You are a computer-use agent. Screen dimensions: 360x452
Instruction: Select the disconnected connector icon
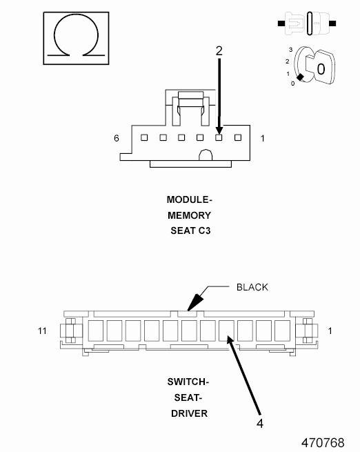tap(307, 23)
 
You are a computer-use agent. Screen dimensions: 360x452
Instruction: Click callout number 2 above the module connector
tap(219, 51)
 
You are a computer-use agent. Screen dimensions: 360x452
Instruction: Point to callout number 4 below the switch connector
tap(260, 424)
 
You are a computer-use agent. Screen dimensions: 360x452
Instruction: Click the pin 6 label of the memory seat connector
tap(117, 139)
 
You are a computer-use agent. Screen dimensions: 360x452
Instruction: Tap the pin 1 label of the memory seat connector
tap(262, 139)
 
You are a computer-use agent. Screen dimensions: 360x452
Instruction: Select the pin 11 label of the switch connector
tap(42, 331)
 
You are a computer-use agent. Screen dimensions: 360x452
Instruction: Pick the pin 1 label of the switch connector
tap(330, 331)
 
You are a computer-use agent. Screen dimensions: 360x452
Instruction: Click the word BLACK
tap(252, 287)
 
